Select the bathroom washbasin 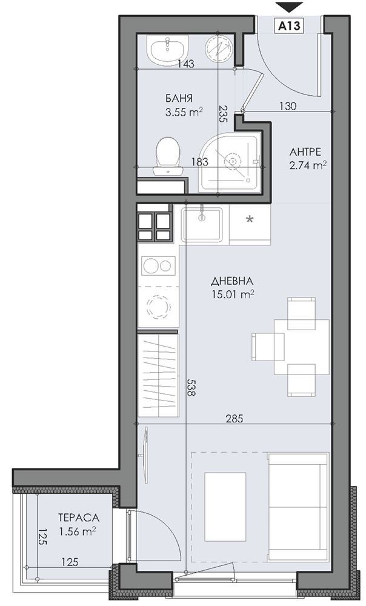(168, 50)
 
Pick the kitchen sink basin (202, 224)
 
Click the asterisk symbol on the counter (250, 219)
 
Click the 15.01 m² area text (232, 295)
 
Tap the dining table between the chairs (301, 347)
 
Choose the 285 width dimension (235, 418)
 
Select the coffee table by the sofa (225, 507)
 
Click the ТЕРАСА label (79, 518)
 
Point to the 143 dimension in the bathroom (185, 64)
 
